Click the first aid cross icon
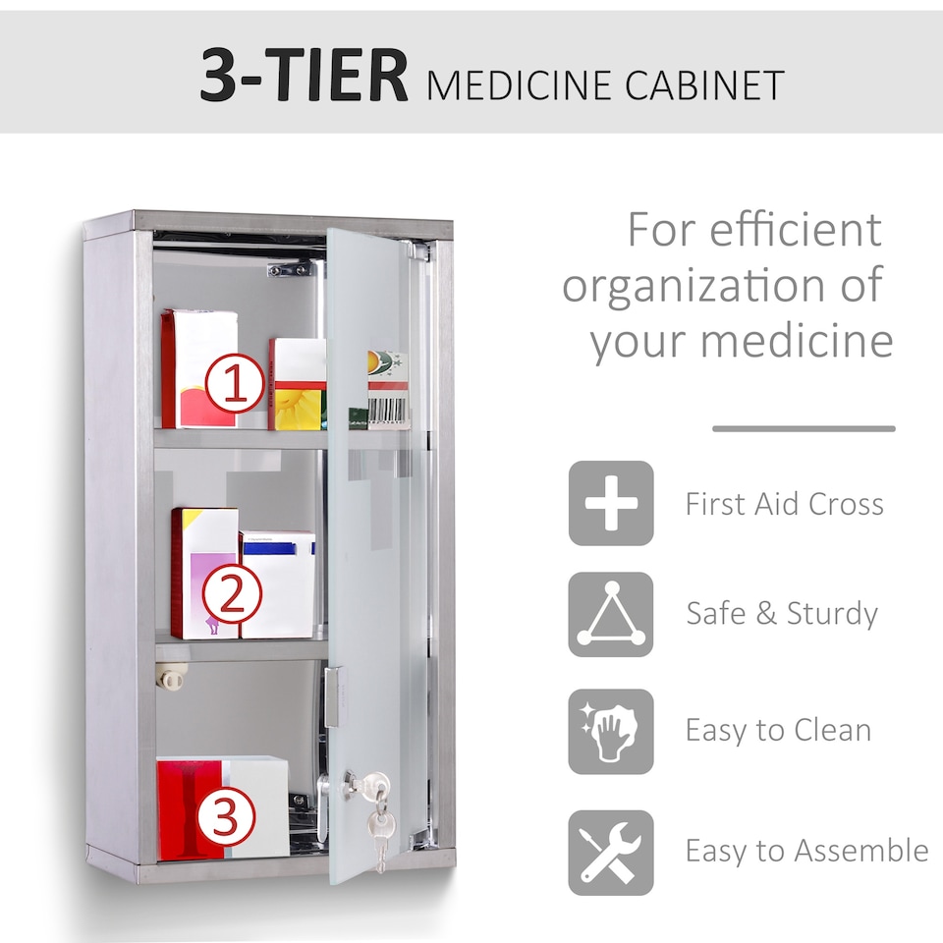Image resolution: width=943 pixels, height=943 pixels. [611, 503]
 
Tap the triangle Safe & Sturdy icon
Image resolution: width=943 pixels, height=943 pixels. [611, 614]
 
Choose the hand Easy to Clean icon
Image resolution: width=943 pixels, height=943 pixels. [611, 731]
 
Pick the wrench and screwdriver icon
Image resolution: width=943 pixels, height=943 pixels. [611, 852]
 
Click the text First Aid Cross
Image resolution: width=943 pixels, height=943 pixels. [785, 504]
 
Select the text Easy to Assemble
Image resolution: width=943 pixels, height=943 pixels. [806, 851]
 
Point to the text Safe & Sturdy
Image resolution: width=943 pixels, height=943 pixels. [782, 614]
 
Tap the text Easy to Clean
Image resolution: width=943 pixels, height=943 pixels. [778, 731]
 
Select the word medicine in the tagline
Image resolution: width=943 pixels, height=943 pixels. [797, 342]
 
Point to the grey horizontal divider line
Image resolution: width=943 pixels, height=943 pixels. [804, 428]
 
